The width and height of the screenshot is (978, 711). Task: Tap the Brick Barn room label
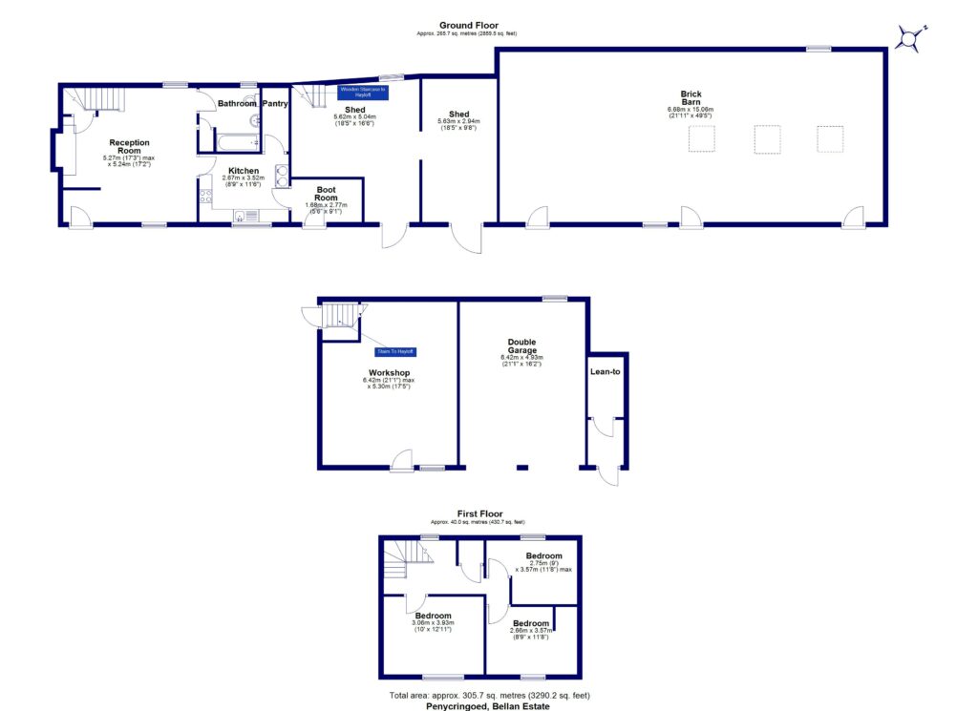(x=691, y=98)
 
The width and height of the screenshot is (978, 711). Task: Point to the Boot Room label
(x=327, y=194)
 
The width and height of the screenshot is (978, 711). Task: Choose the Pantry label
(x=276, y=103)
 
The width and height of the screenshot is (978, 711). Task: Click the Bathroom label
(x=237, y=103)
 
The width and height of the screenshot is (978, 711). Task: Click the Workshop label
(x=389, y=372)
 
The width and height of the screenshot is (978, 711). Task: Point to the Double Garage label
(x=521, y=345)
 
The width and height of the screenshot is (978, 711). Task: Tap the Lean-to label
(x=608, y=371)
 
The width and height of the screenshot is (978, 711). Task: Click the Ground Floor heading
(x=468, y=25)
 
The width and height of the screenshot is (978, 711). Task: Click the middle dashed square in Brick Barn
(x=768, y=139)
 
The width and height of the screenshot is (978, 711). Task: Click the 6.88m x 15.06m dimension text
(x=691, y=110)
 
